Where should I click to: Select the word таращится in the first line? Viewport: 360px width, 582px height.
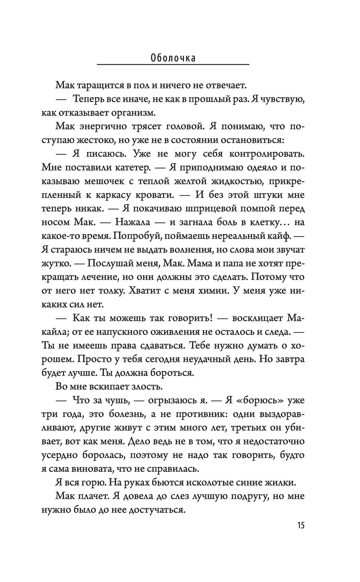coord(101,86)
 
